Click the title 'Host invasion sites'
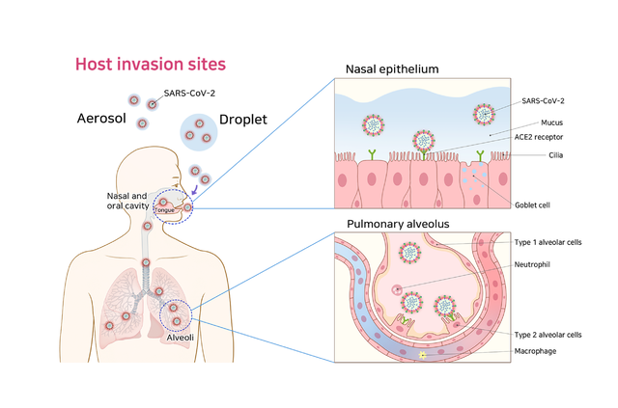click(151, 65)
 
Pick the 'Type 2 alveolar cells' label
click(550, 335)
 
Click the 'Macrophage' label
click(539, 351)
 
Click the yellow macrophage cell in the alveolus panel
click(422, 356)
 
